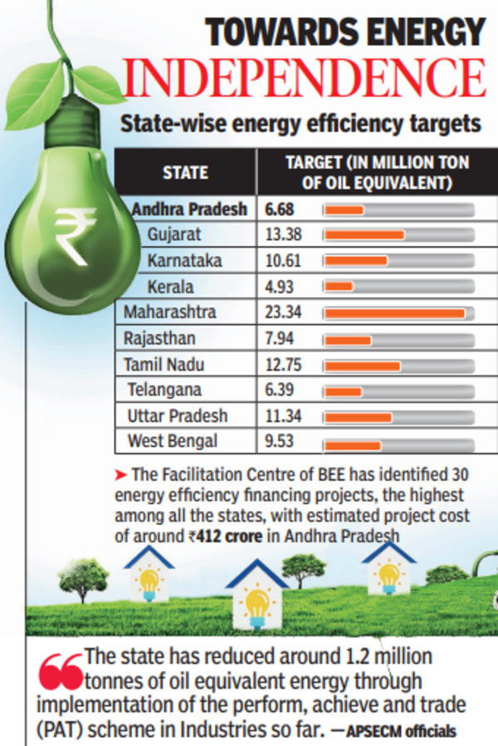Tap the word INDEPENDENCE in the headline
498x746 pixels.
(304, 77)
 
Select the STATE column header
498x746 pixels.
(185, 173)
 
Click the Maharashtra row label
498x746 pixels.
(170, 312)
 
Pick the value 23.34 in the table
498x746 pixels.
(281, 312)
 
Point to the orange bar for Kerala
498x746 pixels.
(339, 287)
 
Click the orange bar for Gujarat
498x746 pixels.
(364, 235)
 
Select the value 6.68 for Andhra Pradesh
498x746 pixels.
(279, 209)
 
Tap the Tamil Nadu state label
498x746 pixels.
(164, 364)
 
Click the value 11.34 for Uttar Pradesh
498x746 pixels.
(281, 415)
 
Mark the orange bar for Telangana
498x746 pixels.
(344, 390)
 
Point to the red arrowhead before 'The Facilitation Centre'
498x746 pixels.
(120, 475)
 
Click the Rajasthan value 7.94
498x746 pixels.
(279, 338)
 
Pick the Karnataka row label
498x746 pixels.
(184, 261)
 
